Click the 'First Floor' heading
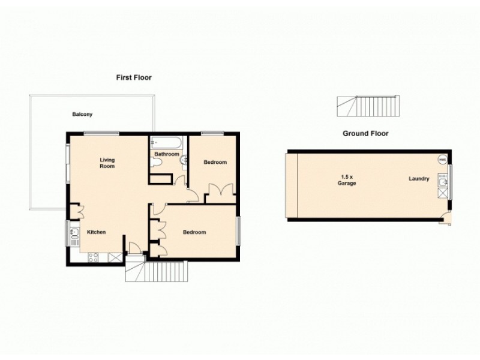[x=134, y=77]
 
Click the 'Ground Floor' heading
[x=365, y=133]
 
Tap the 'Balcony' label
[x=82, y=114]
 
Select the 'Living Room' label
[x=107, y=163]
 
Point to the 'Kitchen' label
[x=97, y=232]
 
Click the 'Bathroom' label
[x=166, y=154]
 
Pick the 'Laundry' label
[x=419, y=178]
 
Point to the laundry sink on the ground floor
[x=443, y=181]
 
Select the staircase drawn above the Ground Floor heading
[x=367, y=107]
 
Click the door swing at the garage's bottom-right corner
[x=445, y=219]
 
